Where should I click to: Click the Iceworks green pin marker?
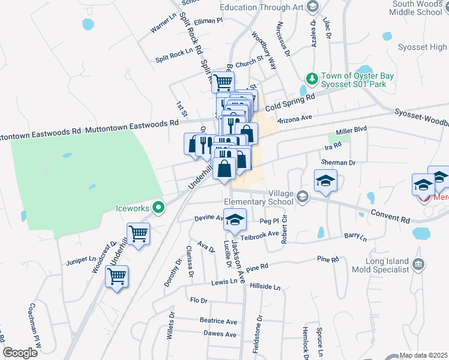[158, 208]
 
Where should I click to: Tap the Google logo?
[20, 353]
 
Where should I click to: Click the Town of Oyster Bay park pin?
[312, 79]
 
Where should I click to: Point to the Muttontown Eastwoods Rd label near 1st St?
[132, 123]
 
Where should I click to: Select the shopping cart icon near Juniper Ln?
[116, 277]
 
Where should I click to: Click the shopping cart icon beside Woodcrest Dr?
[138, 233]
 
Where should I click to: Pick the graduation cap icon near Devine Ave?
[235, 220]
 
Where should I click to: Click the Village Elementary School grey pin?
[303, 197]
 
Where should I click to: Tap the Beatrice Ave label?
[218, 322]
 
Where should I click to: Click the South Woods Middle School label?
[417, 8]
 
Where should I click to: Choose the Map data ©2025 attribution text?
[423, 355]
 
